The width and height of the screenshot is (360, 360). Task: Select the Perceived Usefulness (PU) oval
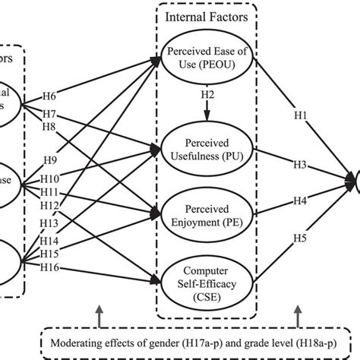(x=207, y=148)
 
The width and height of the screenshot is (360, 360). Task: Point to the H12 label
(x=49, y=206)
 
